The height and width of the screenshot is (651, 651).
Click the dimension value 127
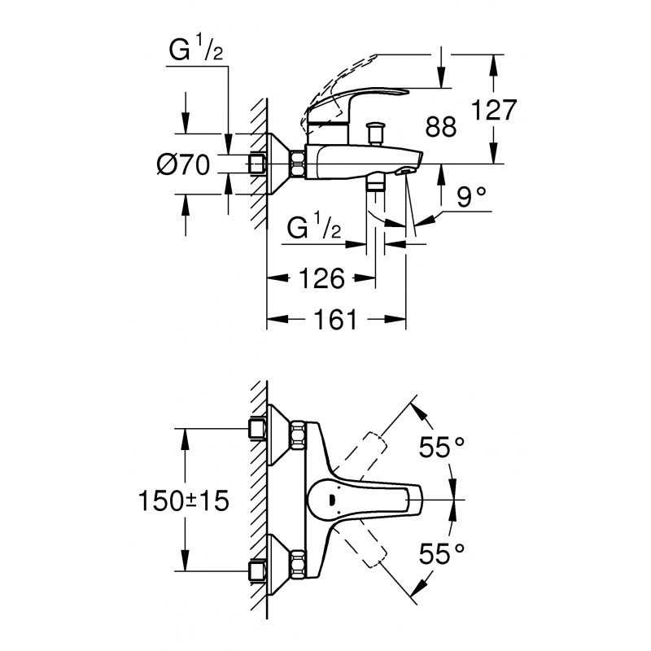pos(495,110)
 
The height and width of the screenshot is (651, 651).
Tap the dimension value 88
pos(440,127)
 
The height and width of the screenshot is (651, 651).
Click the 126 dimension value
pos(318,278)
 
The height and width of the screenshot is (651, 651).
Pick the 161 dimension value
pos(334,320)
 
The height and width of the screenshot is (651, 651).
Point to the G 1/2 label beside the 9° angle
pos(313,229)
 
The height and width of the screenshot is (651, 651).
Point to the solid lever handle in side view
pos(374,98)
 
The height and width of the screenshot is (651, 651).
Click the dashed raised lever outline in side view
pos(342,73)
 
